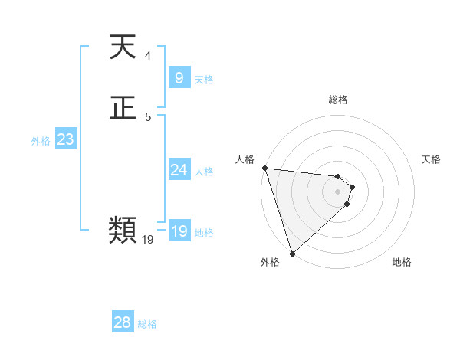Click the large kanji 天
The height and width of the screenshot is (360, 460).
123,48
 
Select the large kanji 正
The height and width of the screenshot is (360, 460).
123,109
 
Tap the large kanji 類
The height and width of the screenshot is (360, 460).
123,229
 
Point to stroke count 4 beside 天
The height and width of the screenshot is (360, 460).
148,56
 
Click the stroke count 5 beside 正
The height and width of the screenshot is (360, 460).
148,116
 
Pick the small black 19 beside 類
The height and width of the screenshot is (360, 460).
148,240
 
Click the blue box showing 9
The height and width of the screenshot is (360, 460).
179,78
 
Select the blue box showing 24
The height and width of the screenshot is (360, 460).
179,170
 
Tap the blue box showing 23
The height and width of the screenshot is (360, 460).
65,139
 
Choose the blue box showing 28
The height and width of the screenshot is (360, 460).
122,322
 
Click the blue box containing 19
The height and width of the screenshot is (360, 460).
179,231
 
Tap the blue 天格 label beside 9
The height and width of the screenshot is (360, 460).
204,80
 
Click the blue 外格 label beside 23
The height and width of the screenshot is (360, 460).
41,141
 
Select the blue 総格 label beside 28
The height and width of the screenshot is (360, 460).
147,324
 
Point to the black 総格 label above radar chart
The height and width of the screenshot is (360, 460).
337,100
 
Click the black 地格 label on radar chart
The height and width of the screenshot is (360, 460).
402,262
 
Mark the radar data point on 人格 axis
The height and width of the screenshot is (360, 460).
264,168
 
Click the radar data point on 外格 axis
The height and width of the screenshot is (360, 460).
292,254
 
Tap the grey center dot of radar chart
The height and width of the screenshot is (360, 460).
337,191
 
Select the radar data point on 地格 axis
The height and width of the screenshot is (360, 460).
347,204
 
